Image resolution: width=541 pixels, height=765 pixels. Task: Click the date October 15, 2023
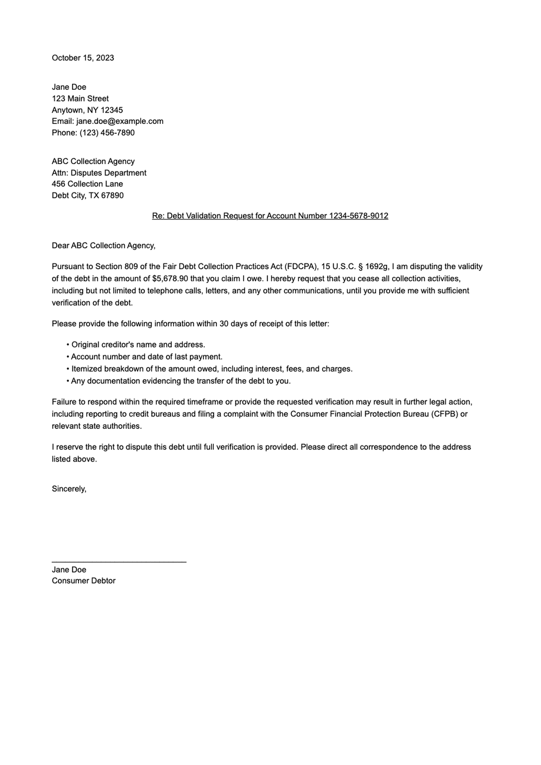click(83, 58)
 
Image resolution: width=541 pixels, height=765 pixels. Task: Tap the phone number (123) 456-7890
click(107, 133)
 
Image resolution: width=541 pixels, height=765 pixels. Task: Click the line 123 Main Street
click(80, 98)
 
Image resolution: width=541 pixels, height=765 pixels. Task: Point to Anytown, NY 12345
click(87, 110)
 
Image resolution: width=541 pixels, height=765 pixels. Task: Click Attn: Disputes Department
click(99, 173)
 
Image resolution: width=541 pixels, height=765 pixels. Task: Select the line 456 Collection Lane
click(87, 184)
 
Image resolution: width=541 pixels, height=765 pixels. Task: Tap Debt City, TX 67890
click(87, 195)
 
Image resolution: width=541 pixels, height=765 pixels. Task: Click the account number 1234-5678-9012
click(358, 216)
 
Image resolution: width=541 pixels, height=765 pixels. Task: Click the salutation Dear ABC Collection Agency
click(103, 246)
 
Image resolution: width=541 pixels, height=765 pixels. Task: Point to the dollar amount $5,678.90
click(170, 279)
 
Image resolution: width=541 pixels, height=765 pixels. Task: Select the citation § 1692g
click(373, 266)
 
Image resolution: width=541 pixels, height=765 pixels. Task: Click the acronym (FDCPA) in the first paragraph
click(301, 266)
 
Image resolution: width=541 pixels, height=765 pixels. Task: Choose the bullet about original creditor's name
click(138, 345)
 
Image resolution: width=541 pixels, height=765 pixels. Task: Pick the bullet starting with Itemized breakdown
click(211, 369)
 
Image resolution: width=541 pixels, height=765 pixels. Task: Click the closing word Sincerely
click(69, 489)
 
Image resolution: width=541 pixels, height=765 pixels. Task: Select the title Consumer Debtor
click(83, 581)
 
